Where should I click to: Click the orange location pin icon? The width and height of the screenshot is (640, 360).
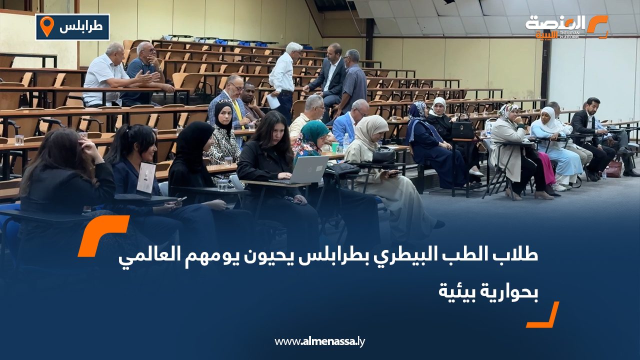coord(46,26)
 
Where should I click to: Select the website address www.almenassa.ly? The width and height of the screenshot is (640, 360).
coord(320,341)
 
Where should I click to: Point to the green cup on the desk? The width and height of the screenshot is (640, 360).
coord(335,147)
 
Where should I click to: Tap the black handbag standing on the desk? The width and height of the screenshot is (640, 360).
coord(462,129)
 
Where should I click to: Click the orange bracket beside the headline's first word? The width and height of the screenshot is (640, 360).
coord(103,235)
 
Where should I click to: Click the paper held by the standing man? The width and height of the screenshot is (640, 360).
coord(273,101)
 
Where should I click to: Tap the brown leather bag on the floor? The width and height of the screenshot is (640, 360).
coord(613,169)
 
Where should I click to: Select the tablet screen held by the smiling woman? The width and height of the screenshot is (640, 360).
coord(146,177)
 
